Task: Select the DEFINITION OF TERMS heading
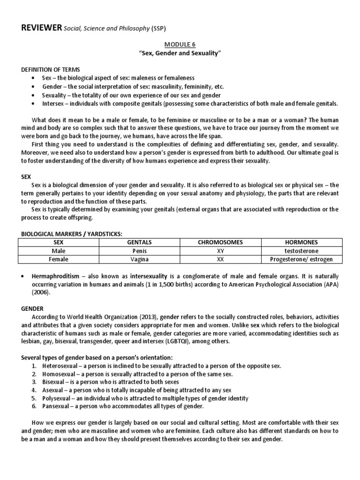point(51,69)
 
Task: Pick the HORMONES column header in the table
point(301,242)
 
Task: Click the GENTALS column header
point(140,242)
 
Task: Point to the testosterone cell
point(301,251)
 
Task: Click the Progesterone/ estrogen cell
point(301,259)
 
